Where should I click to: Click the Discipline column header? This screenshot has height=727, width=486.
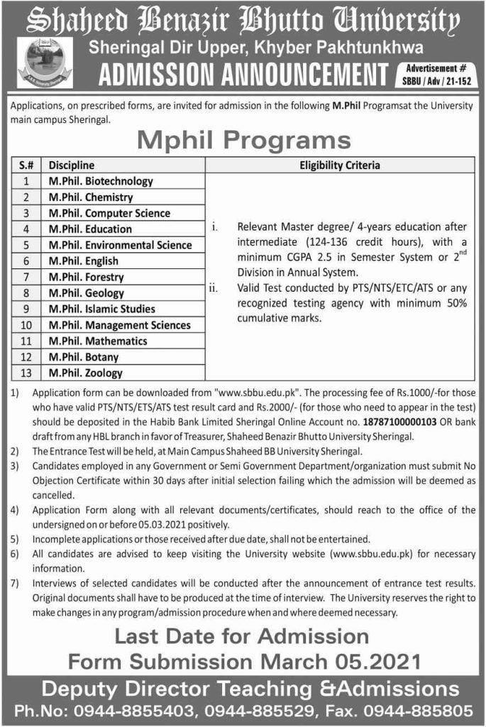[72, 165]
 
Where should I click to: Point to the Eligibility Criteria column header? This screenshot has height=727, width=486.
[340, 165]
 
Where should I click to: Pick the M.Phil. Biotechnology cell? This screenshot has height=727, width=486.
[101, 182]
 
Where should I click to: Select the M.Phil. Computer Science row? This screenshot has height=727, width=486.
[109, 213]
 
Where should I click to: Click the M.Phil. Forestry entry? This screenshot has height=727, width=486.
[86, 277]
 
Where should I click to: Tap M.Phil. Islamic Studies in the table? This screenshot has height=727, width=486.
[101, 309]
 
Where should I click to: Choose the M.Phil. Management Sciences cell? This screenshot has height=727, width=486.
[119, 325]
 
